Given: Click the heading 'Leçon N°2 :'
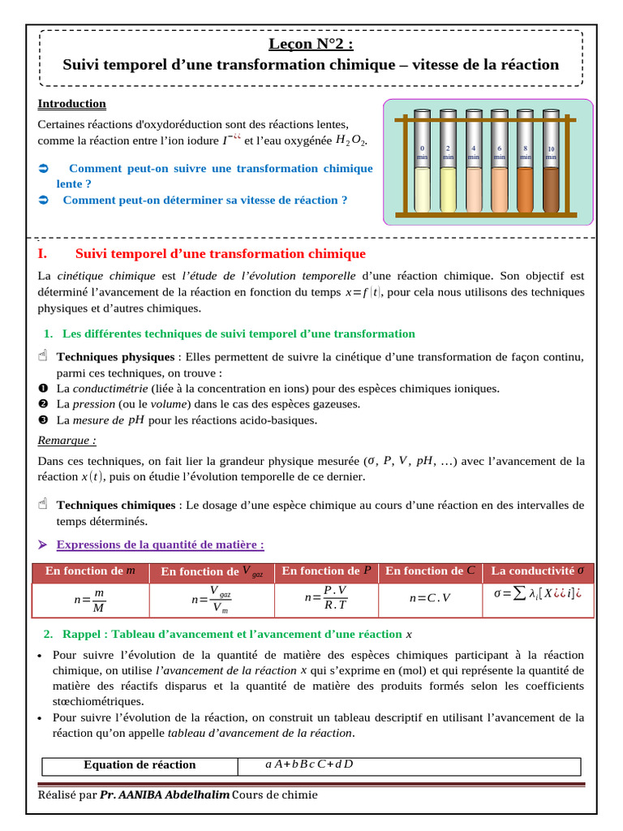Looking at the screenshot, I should point(311,44).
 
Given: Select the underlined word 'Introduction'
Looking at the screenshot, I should point(71,104).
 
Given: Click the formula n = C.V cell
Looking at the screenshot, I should point(429,598).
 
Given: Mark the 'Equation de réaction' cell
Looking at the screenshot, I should point(140,764).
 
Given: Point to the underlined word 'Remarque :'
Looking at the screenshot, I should point(67,440).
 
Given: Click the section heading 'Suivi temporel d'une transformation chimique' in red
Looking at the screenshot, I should point(220,254).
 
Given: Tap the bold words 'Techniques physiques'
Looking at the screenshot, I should point(114,357).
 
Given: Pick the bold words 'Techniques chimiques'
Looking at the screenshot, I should point(115,505).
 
